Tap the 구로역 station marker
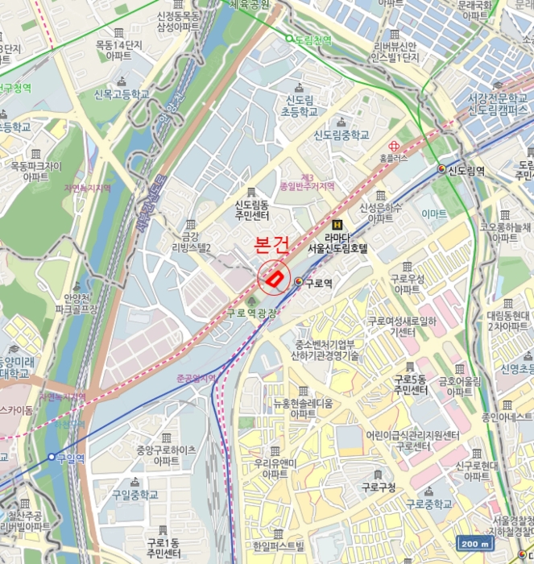(299, 281)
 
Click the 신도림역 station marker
(441, 169)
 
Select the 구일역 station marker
(52, 457)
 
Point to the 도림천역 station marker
(289, 38)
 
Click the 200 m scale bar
(474, 544)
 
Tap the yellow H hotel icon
(337, 225)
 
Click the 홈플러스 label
(395, 160)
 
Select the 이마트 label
(433, 214)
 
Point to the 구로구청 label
(378, 487)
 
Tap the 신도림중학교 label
(342, 135)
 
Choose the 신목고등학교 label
(122, 94)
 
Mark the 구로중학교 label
(429, 504)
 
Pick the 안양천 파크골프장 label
(76, 303)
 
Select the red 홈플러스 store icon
(394, 146)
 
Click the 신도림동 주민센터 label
(251, 210)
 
